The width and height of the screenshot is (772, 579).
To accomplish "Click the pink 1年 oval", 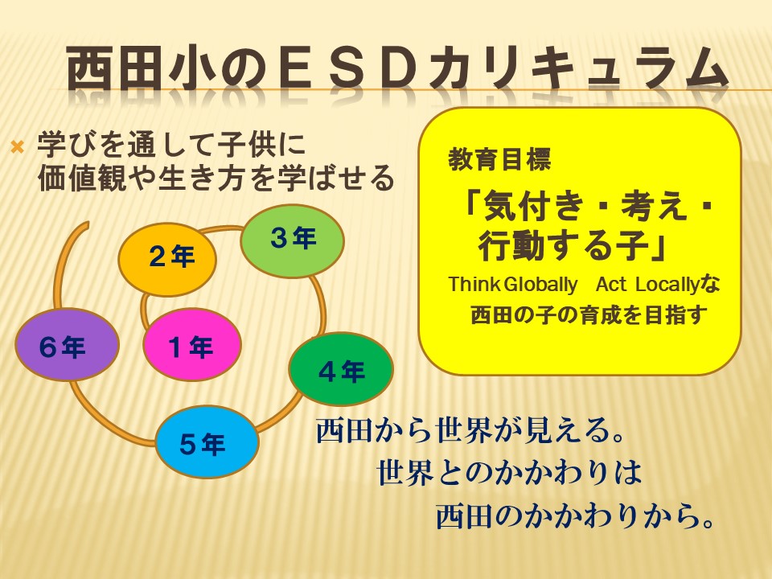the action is pos(192,345).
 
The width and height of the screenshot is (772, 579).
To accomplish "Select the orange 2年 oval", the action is pos(167,259).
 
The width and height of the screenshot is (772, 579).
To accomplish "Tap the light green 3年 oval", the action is pos(293,241).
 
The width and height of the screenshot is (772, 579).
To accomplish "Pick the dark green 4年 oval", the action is pos(341,369).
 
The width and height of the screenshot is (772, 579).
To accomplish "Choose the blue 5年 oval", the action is pos(207,441).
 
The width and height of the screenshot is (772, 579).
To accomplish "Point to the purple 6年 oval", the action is pos(68,345).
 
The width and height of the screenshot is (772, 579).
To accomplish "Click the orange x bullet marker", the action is pos(17,146).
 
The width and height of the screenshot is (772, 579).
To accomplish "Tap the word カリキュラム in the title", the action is pos(578,69).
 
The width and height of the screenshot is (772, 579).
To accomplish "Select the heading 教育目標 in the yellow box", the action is pos(499,159).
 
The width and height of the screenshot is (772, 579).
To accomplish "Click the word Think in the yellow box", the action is pos(474,284).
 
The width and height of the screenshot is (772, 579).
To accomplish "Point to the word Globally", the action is pos(540,285).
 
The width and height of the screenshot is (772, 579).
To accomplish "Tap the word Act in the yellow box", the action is pos(610,284).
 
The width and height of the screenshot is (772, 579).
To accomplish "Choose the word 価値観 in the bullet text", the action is pos(82,178).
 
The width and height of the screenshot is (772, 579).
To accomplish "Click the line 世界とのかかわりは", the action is pos(509,473).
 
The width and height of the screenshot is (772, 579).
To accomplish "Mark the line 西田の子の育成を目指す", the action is pos(589,315).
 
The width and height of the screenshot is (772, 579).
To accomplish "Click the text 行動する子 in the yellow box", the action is pos(563,244).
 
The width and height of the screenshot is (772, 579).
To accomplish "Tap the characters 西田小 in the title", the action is pos(142,69).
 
